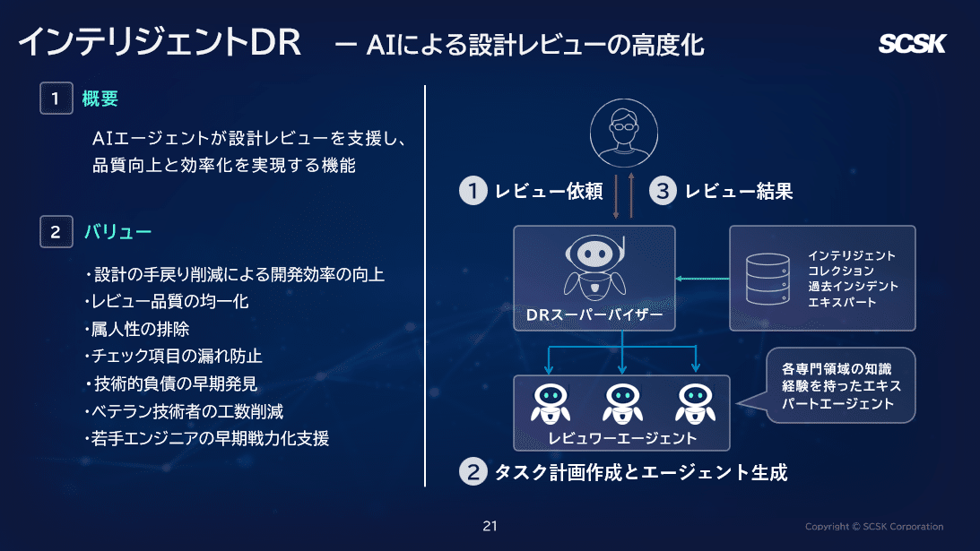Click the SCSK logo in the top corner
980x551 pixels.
(x=911, y=44)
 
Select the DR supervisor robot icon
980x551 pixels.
(x=594, y=266)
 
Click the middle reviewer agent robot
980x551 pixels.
(x=621, y=403)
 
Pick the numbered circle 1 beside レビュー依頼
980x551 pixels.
(x=473, y=191)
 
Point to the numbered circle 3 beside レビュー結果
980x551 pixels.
(x=662, y=191)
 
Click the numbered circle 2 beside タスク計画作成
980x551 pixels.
(x=473, y=471)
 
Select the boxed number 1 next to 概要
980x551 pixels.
(x=56, y=99)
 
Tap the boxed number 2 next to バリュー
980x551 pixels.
(x=56, y=232)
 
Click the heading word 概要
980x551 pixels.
(x=100, y=99)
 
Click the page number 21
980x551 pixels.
(x=490, y=526)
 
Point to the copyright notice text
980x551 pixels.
(x=873, y=527)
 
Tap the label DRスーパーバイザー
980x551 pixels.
(x=594, y=316)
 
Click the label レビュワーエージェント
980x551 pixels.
(x=621, y=438)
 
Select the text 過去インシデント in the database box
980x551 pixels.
(x=852, y=286)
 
